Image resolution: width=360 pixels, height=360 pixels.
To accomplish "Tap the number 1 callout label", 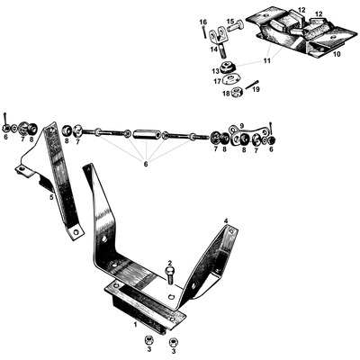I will pos(135,322).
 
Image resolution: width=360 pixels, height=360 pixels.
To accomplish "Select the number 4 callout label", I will pos(225,220).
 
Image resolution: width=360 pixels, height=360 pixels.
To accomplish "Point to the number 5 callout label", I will pos(51,196).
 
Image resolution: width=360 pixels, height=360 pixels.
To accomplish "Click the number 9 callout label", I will pos(240,128).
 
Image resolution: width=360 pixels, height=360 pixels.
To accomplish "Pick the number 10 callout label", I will pos(337,53).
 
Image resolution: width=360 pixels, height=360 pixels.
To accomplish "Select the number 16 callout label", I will pos(202,21).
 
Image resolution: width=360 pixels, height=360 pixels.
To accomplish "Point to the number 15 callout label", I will pos(229,21).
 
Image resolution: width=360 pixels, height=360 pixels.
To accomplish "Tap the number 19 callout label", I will pos(256,91).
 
